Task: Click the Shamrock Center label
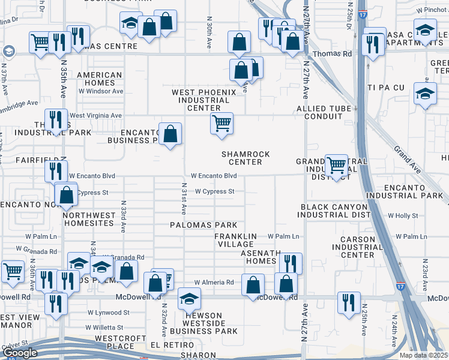[246, 158]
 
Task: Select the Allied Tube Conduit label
[328, 112]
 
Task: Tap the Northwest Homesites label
[88, 219]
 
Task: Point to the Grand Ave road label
[408, 157]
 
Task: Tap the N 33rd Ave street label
[123, 217]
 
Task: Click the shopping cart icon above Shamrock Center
[221, 124]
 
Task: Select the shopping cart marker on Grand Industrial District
[336, 165]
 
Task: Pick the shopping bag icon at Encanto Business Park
[170, 133]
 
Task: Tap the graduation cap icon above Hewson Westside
[189, 299]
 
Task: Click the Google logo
[20, 353]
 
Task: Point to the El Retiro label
[172, 346]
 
